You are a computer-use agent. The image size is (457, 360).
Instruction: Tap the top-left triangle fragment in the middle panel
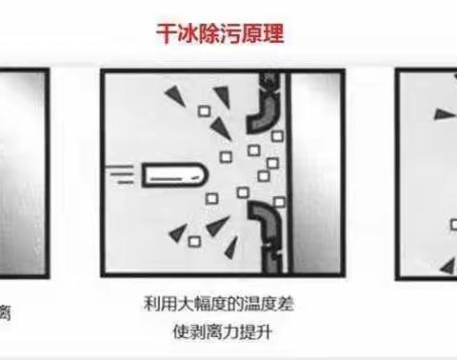[x=175, y=94]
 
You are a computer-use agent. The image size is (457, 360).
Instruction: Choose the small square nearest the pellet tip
[x=225, y=154]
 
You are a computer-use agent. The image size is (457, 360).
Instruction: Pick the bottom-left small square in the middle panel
[x=194, y=242]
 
